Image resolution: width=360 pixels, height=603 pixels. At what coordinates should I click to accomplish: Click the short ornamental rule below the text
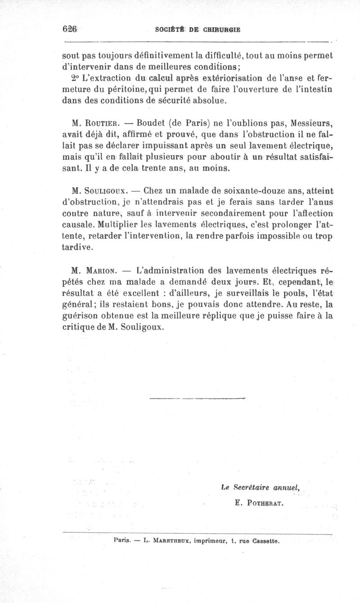[196, 398]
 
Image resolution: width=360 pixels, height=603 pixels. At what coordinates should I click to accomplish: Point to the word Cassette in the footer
[264, 542]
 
